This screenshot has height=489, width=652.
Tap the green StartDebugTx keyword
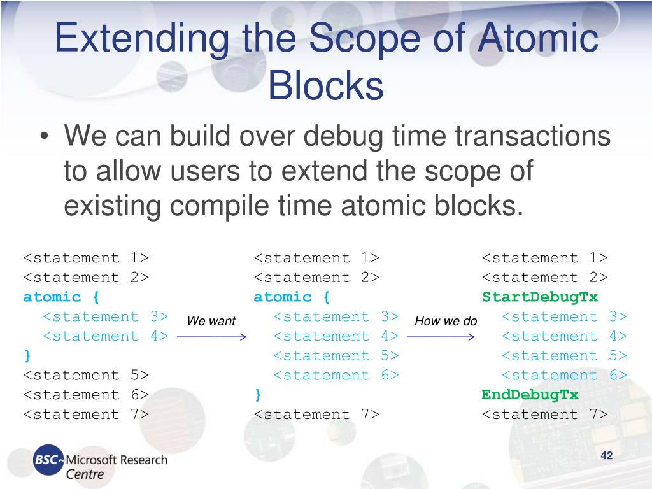click(540, 297)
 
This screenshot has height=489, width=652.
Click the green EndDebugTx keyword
click(530, 395)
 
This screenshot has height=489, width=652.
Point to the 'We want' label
click(211, 322)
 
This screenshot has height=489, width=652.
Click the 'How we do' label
click(446, 322)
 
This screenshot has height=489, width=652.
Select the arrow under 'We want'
click(211, 337)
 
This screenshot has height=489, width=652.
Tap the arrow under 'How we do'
click(441, 337)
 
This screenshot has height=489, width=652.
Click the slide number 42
click(606, 455)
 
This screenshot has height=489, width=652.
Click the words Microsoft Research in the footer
click(117, 459)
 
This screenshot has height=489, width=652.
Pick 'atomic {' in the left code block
click(61, 297)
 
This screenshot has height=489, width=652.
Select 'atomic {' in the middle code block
click(292, 297)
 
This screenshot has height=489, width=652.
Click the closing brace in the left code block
click(27, 355)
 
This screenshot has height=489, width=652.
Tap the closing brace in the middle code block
click(258, 395)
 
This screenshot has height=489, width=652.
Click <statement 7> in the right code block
click(545, 415)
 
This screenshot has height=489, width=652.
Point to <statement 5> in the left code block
click(86, 375)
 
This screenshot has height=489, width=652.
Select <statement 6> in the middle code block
click(336, 375)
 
